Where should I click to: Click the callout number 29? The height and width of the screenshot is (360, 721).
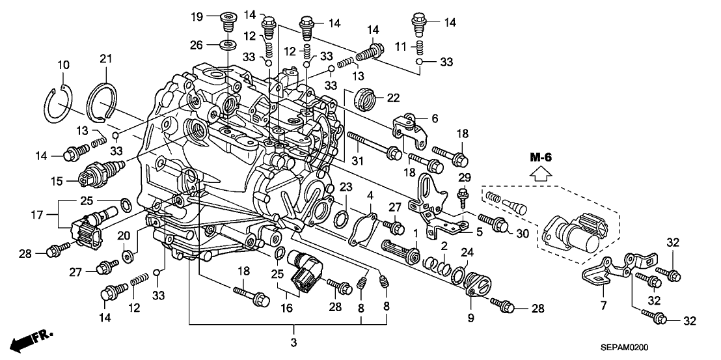click(465, 178)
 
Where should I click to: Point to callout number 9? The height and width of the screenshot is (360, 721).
click(471, 318)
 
